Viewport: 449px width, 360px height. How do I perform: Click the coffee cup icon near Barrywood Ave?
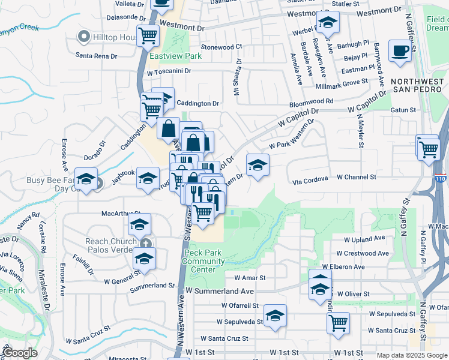point(400,51)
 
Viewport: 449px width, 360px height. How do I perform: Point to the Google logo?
point(19,353)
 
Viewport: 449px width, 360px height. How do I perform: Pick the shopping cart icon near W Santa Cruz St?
point(339,322)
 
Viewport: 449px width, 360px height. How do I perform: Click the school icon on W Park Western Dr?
point(258,165)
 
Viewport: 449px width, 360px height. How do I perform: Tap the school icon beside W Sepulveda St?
point(275,316)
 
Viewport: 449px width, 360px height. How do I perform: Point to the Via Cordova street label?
point(310,179)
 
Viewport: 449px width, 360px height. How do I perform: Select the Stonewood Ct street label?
point(221,46)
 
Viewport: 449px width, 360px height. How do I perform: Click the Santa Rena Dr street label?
point(100,56)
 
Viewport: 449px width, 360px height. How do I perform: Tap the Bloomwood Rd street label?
point(311,101)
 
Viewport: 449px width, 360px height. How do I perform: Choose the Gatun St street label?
point(403,110)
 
